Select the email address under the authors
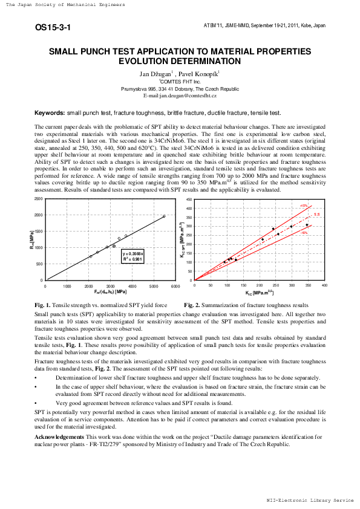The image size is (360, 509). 180,96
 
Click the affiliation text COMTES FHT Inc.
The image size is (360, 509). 180,81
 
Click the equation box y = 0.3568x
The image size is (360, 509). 134,259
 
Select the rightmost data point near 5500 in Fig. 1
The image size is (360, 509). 164,216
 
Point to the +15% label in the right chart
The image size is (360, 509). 304,206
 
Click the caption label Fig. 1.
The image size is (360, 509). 44,305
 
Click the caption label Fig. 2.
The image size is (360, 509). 193,305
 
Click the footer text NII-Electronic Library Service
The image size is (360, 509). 310,500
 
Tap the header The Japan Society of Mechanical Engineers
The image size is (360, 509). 65,5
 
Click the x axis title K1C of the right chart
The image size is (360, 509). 257,293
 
